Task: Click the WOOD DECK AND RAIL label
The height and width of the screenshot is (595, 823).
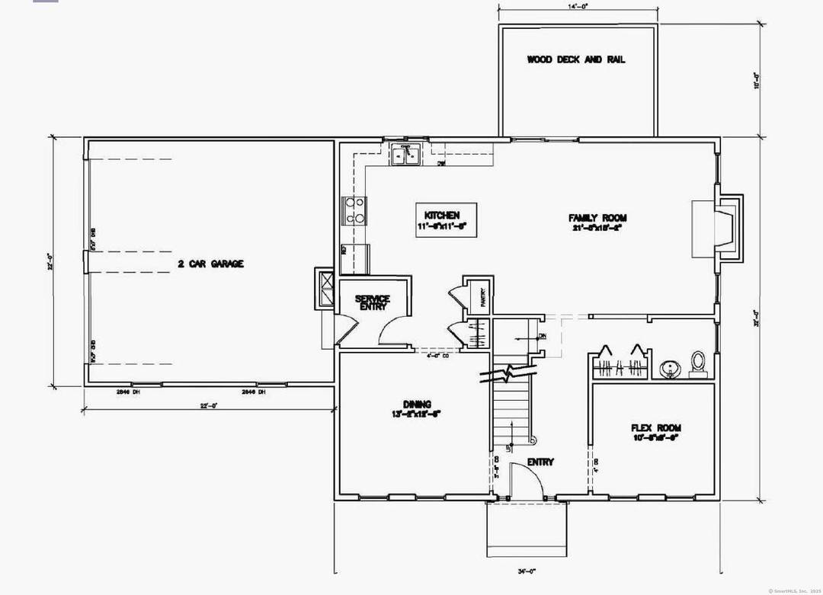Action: [x=576, y=59]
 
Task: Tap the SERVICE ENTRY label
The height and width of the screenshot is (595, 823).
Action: [x=373, y=302]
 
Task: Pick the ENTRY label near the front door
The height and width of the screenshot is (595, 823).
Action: [x=540, y=462]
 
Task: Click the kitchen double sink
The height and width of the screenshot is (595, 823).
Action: [x=405, y=155]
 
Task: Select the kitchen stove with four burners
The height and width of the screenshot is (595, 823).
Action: [x=355, y=210]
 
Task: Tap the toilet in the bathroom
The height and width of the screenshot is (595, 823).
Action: [x=697, y=363]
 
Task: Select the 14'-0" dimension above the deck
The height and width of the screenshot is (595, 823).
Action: [x=578, y=6]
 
